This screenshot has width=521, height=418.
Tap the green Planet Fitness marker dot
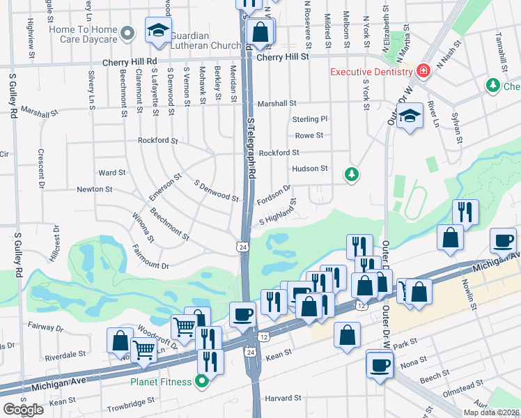(202, 381)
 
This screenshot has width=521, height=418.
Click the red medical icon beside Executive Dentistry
(422, 71)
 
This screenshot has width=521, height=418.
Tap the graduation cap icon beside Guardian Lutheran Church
(158, 31)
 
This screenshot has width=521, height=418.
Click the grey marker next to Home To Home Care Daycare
(127, 33)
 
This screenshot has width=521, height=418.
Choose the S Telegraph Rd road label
(251, 146)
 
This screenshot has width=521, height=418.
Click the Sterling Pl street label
(309, 119)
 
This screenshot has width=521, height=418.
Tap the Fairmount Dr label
(150, 265)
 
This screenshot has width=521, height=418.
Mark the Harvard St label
(282, 398)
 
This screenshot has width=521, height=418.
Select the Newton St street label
(94, 189)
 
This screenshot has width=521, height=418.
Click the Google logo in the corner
(23, 410)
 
